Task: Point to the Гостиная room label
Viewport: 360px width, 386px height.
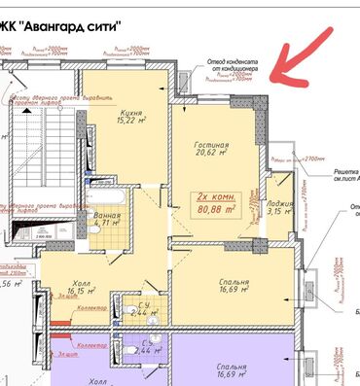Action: pyautogui.click(x=211, y=142)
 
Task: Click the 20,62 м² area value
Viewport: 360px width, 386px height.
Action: pyautogui.click(x=211, y=153)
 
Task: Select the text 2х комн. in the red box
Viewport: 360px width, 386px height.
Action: pyautogui.click(x=218, y=196)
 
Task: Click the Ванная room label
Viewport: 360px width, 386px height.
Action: pyautogui.click(x=108, y=212)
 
